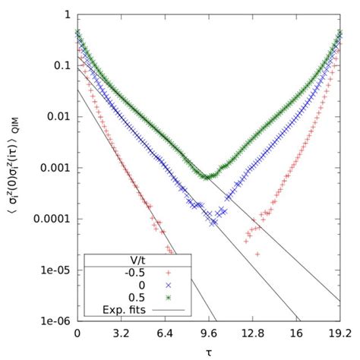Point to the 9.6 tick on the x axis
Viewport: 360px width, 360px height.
[x=209, y=333]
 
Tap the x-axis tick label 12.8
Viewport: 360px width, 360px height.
[x=252, y=333]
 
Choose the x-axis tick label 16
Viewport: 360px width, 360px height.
[x=296, y=333]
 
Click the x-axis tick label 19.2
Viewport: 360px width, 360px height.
[x=339, y=333]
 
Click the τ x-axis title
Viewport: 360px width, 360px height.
[x=209, y=352]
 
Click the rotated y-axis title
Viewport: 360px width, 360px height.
[x=17, y=168]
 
